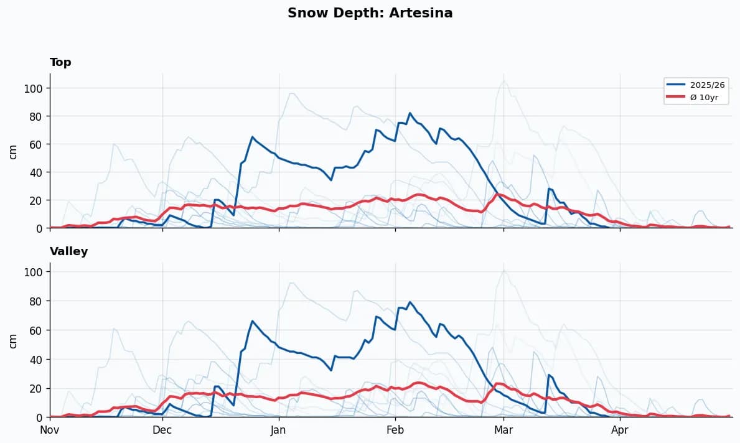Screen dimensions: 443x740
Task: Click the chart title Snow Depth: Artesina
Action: click(370, 13)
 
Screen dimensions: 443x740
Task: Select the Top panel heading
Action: click(60, 62)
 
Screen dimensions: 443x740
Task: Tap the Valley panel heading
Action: click(68, 251)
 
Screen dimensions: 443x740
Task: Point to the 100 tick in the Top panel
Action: click(32, 88)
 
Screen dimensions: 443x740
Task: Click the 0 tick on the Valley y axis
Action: click(38, 417)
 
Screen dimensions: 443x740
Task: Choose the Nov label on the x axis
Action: click(50, 430)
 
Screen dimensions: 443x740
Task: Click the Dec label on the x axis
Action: click(162, 430)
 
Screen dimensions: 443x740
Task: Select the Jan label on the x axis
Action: click(278, 430)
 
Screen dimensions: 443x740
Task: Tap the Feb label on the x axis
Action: click(395, 430)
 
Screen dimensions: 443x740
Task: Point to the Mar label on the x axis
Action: click(503, 430)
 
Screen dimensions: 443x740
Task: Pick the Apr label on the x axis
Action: click(620, 430)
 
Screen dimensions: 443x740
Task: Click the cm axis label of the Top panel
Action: click(13, 152)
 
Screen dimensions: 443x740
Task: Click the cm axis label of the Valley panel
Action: click(13, 340)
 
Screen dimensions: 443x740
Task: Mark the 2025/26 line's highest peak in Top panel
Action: click(410, 113)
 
